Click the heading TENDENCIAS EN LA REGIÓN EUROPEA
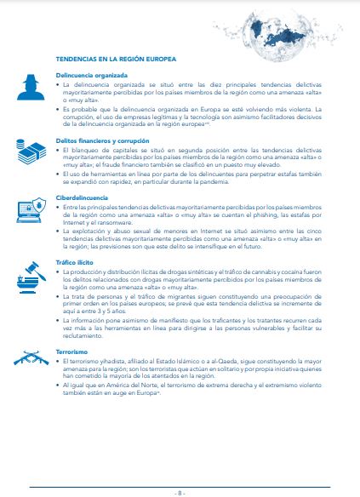coord(115,60)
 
